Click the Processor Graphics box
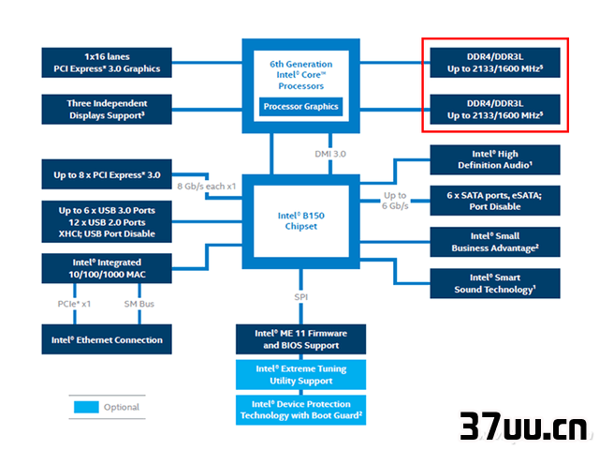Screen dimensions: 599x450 click(300, 106)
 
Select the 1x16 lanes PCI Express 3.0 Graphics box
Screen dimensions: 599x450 click(107, 63)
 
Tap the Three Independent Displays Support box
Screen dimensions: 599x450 click(107, 110)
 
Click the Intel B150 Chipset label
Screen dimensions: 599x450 click(301, 221)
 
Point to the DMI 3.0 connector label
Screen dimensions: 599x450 click(330, 154)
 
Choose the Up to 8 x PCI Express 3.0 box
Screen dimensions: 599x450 click(107, 174)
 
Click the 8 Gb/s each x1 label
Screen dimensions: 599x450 click(206, 187)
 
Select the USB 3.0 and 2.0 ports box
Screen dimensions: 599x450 click(107, 222)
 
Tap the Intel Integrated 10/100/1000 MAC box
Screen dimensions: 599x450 click(107, 268)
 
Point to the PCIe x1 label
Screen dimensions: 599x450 click(74, 304)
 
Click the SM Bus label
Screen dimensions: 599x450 click(139, 304)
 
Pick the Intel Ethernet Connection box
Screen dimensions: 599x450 click(107, 339)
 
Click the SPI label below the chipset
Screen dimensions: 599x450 click(301, 297)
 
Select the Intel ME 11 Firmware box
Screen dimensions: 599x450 click(300, 339)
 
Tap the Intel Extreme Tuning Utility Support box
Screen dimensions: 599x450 click(300, 375)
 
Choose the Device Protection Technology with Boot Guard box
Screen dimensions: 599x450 click(300, 410)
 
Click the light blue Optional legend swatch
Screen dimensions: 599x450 click(86, 407)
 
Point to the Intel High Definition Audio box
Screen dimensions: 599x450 click(495, 159)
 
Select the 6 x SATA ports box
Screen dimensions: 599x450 click(495, 201)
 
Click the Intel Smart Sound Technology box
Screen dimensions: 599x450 click(495, 283)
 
